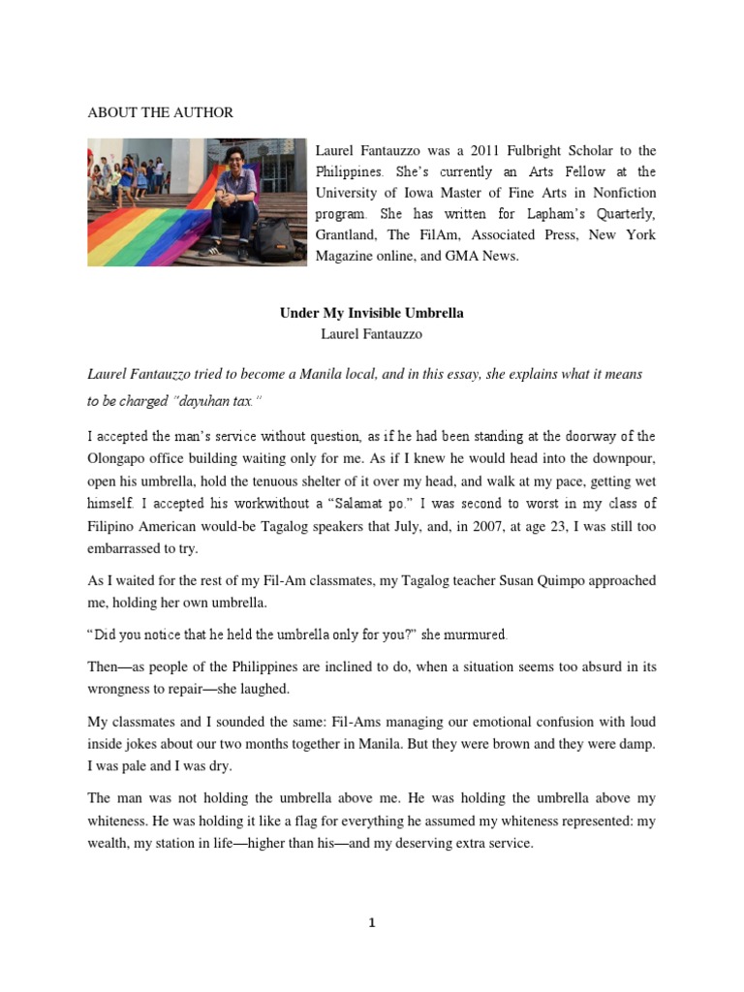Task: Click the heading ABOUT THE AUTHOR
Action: point(160,112)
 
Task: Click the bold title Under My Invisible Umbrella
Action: point(372,313)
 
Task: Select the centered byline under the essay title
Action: point(372,333)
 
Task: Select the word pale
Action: point(139,764)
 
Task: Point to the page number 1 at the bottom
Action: point(372,923)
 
